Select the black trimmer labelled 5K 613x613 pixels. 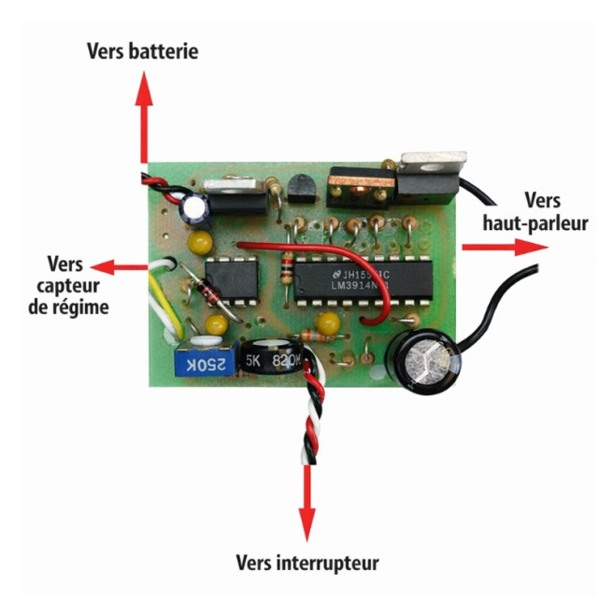point(271,361)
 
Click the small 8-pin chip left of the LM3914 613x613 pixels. point(230,278)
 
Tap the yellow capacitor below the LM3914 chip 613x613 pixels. point(327,323)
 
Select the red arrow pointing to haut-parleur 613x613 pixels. point(505,246)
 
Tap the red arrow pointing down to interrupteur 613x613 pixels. point(307,495)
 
